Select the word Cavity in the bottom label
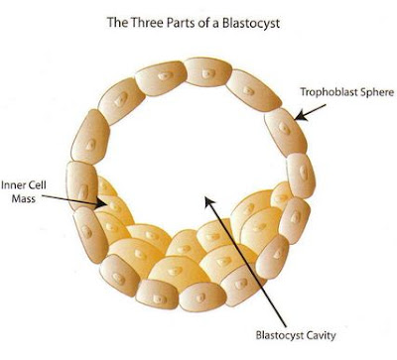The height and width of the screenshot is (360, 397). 318,336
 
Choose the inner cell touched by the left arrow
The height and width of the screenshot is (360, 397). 114,209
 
